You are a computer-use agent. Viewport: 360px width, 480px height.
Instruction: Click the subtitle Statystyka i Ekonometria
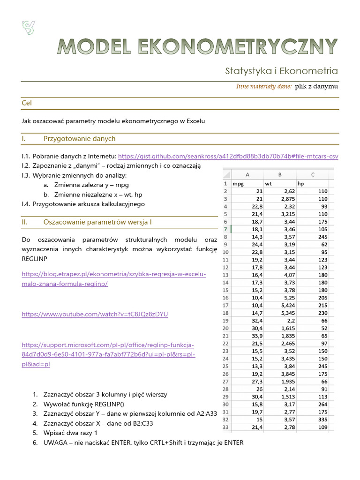[281, 71]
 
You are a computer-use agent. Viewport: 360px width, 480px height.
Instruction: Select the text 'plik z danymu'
[316, 86]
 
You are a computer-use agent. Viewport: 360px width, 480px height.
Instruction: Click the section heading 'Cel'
[27, 103]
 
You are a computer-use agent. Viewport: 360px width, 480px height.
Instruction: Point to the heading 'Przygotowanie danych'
[79, 139]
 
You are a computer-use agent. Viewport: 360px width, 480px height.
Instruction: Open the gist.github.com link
[228, 156]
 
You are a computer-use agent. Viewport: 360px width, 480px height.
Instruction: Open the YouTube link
[95, 314]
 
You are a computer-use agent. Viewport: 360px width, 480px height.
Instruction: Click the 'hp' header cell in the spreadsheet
[301, 183]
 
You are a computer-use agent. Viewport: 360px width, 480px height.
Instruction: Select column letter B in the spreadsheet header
[280, 175]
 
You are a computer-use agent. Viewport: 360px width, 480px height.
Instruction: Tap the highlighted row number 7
[225, 229]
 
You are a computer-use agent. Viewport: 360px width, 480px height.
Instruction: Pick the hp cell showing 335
[323, 419]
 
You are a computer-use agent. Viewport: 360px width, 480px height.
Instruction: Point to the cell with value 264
[323, 404]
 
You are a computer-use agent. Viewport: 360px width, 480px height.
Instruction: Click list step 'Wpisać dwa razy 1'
[70, 433]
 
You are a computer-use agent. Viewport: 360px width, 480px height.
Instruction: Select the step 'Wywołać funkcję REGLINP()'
[85, 404]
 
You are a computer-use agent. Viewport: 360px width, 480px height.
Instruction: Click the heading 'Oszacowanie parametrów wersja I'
[97, 222]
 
